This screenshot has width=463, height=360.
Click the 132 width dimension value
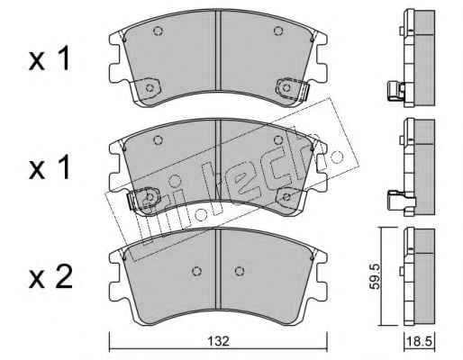[x=218, y=341]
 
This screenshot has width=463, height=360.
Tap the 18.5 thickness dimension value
[x=419, y=341]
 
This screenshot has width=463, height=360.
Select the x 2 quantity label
[x=50, y=277]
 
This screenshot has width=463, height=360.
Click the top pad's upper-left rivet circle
[x=158, y=31]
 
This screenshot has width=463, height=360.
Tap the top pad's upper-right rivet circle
[x=278, y=31]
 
